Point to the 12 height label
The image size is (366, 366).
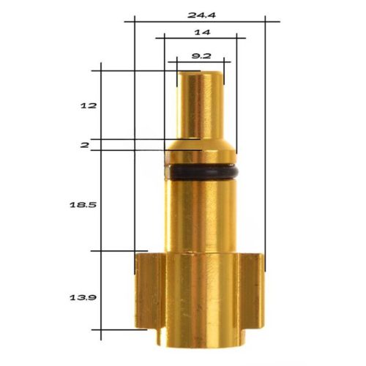coord(88,105)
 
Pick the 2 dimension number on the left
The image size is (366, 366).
coord(85,146)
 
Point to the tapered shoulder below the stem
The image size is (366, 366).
coord(201,146)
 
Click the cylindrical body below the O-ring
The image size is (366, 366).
coord(201,216)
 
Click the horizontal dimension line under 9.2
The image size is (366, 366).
coord(198,62)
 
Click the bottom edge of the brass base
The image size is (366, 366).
coord(201,344)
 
